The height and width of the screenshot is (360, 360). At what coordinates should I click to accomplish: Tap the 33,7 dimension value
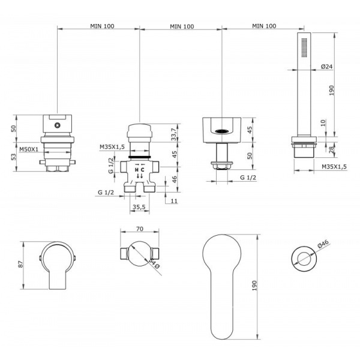point(174,134)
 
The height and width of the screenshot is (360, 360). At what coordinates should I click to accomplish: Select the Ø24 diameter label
point(327,67)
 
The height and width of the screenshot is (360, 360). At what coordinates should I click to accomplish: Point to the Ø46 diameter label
point(323,244)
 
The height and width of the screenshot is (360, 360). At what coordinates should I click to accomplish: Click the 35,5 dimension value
point(139,207)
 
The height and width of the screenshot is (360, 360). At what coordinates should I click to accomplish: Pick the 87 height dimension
point(20,264)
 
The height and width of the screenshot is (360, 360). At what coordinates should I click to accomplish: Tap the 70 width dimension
point(140,229)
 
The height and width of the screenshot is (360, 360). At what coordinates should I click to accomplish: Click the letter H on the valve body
point(137,170)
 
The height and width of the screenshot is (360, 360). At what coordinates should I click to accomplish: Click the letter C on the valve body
point(143,170)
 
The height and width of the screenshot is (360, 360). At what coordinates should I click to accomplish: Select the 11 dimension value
point(174,201)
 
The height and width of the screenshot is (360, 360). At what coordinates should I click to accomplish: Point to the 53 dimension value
point(14,157)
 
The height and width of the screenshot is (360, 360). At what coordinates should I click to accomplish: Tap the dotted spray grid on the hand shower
point(304,47)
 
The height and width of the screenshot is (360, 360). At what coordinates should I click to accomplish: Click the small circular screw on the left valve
point(57,125)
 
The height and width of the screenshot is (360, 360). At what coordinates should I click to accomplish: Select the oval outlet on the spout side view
point(221,131)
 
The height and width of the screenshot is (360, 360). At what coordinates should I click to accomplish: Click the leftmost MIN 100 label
point(102,26)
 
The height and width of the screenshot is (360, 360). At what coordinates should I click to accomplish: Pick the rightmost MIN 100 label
point(264,26)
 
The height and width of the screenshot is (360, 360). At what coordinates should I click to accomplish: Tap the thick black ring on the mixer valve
point(140,157)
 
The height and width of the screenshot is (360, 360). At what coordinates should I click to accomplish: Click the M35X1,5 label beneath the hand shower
point(334,167)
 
